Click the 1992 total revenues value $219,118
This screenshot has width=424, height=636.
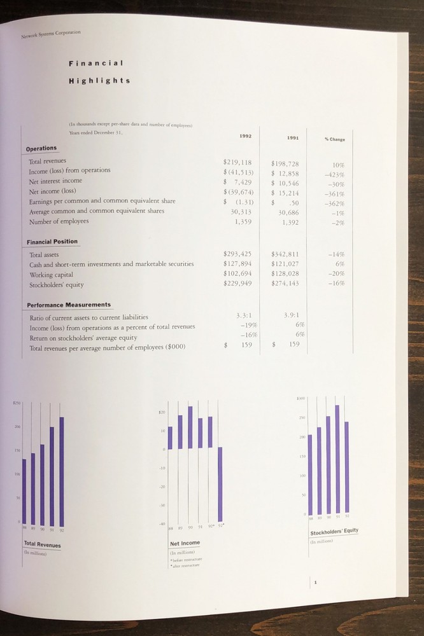[x=238, y=162]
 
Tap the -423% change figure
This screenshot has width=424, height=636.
[x=335, y=175]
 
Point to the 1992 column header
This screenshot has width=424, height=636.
[x=245, y=135]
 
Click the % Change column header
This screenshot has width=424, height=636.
[x=335, y=139]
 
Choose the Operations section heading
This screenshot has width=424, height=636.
[x=41, y=149]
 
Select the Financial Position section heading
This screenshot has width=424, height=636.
[x=52, y=242]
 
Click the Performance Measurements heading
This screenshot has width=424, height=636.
[x=69, y=305]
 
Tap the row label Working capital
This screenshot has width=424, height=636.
[x=50, y=275]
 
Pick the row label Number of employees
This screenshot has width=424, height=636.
[x=59, y=221]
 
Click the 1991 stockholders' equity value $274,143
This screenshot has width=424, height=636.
[x=285, y=284]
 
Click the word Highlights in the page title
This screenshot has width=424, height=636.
[x=99, y=81]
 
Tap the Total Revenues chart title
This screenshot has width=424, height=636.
[x=42, y=544]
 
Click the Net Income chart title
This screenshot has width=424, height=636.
[x=185, y=543]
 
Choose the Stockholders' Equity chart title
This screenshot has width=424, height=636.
[x=334, y=532]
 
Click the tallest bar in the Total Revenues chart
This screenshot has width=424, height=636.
[x=62, y=471]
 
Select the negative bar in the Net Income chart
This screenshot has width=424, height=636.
[x=220, y=483]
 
